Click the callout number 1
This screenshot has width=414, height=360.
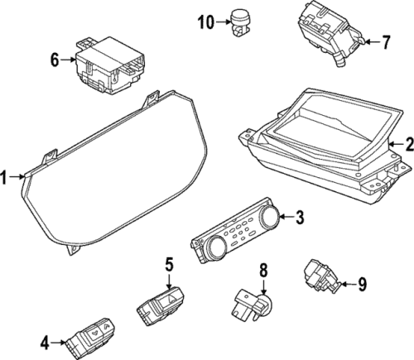[3, 177]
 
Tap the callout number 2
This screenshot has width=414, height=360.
[410, 145]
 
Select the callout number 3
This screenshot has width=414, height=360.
[299, 217]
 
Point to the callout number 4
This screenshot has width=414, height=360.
[45, 343]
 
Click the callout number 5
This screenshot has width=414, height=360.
[169, 264]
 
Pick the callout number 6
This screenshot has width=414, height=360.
[55, 60]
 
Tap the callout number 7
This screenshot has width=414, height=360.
[386, 42]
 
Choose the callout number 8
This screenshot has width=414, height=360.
[263, 270]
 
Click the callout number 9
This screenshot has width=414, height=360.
[362, 284]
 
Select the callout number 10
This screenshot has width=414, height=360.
[206, 22]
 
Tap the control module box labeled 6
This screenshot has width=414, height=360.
[110, 65]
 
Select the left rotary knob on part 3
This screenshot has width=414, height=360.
[216, 247]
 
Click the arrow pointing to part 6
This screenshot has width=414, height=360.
[68, 60]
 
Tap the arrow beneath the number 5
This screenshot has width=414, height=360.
[169, 281]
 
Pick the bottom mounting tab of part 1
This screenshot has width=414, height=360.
[74, 250]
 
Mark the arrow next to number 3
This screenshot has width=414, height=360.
[286, 217]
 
